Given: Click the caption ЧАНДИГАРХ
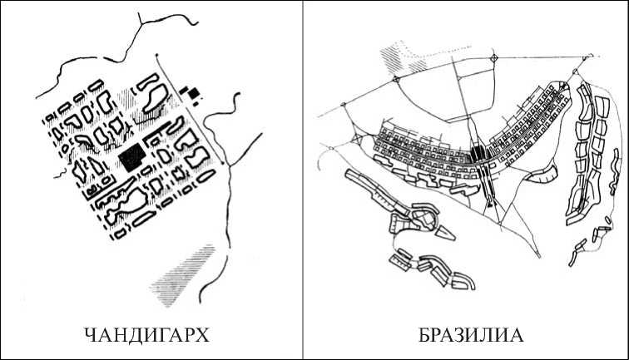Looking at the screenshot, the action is [x=146, y=336].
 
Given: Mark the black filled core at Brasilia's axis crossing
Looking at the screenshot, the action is [x=477, y=155].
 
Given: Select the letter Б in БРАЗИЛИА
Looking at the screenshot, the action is [x=423, y=336].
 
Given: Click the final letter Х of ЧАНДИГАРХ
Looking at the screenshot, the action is [x=202, y=336].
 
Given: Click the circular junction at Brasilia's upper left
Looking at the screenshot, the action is [x=398, y=78].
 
